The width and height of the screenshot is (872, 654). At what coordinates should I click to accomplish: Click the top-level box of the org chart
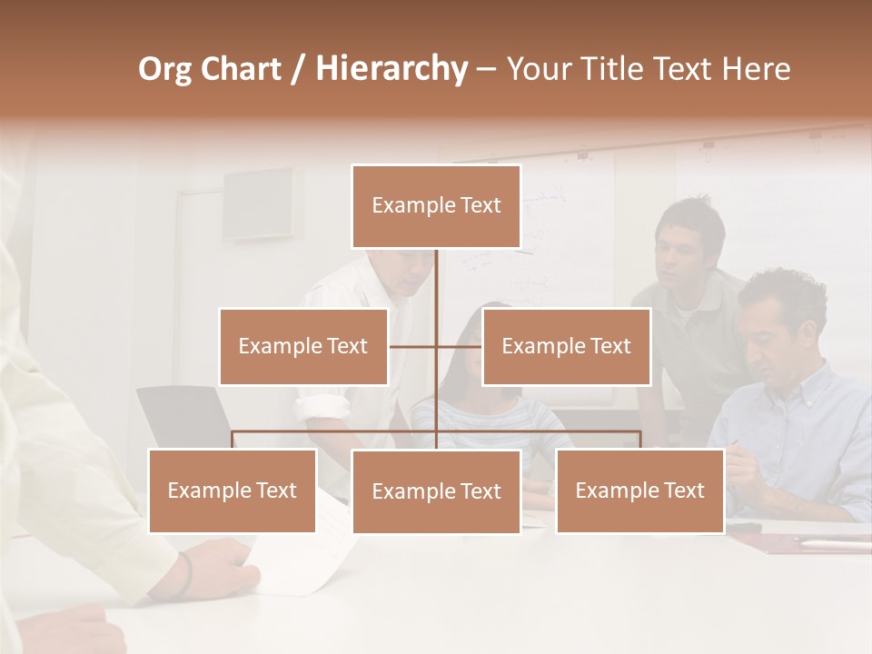pos(436,206)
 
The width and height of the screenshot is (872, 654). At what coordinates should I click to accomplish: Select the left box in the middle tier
pos(303,346)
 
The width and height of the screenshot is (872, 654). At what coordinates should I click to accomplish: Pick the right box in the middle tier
pos(566,346)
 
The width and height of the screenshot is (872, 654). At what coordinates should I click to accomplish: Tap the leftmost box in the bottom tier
pos(233,490)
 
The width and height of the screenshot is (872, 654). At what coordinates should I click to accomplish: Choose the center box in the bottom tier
pos(436,491)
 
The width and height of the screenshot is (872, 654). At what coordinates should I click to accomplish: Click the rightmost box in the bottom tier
pos(639,490)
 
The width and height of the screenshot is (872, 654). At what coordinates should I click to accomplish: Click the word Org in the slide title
pos(164,69)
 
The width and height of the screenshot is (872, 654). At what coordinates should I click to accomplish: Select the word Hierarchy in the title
pos(391,69)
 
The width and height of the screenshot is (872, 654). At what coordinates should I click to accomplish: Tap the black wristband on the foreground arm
pos(185,574)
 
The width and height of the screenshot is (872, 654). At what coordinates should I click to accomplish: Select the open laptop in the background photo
pos(182,418)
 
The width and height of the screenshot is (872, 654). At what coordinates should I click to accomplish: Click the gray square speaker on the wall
pos(258,203)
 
